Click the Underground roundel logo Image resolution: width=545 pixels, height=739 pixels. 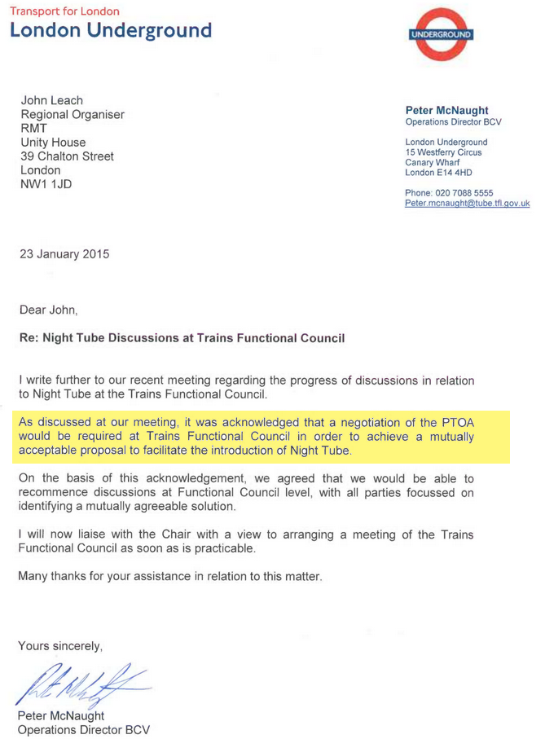[441, 35]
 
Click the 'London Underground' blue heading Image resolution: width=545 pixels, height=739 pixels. [111, 31]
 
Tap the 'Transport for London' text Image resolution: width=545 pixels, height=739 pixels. [64, 11]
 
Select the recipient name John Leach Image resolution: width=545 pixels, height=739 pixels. [51, 100]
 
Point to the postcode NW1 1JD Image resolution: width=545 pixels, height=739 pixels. [46, 184]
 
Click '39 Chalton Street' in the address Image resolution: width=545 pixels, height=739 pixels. [67, 156]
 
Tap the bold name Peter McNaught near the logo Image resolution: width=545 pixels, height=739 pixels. [447, 110]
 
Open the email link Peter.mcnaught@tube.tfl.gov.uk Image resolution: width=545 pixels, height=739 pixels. [467, 204]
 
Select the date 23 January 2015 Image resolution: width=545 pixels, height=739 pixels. [64, 254]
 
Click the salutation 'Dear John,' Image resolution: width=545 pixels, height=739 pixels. [48, 310]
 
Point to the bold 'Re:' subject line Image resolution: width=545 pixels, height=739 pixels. [182, 337]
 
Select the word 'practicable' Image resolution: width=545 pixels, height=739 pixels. [221, 548]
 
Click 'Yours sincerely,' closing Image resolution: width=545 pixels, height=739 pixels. [61, 646]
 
